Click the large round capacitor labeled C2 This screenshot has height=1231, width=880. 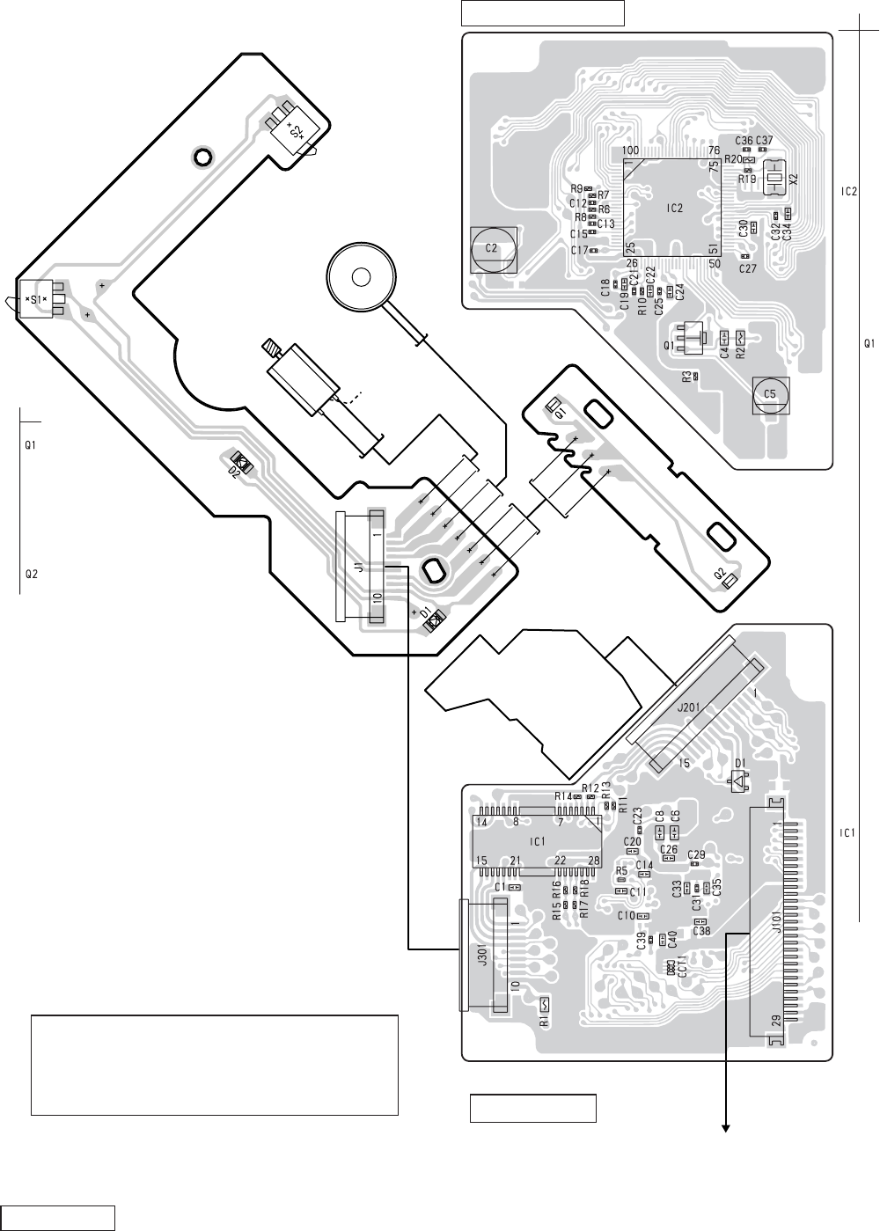click(x=493, y=248)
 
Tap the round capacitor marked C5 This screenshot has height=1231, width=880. click(x=770, y=394)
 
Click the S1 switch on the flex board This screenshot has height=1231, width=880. click(x=37, y=299)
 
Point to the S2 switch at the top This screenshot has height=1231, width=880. click(x=297, y=133)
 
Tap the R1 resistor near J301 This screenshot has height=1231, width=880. click(x=544, y=1022)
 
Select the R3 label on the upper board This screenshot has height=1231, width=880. click(x=686, y=377)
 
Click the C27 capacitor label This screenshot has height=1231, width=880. click(x=747, y=268)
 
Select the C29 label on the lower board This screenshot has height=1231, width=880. click(x=696, y=854)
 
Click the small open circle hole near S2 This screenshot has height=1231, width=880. click(x=202, y=158)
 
